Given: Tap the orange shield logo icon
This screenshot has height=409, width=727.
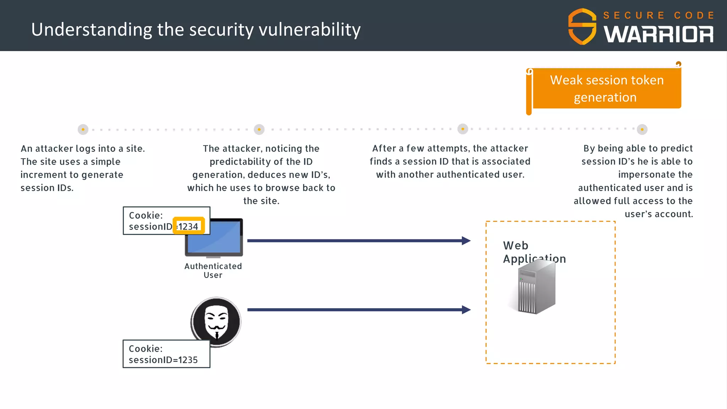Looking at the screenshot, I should coord(582,27).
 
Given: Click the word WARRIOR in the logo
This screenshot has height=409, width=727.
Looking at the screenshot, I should coord(658,34).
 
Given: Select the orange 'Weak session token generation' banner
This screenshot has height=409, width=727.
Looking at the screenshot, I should coord(606,88).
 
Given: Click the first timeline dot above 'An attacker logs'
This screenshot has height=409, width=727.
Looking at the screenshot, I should coord(83,129).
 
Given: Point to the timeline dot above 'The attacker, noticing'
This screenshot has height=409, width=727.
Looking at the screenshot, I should coord(259,129).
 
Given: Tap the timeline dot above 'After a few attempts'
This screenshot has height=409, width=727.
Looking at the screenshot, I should coord(463,129).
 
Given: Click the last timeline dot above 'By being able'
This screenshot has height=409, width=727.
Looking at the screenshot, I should coord(642,129).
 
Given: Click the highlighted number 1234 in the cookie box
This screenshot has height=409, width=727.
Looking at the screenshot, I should coord(188,226).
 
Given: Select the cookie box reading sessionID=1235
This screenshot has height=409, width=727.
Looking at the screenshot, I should coord(166,354).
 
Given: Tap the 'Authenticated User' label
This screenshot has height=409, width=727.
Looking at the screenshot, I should coord(213,271).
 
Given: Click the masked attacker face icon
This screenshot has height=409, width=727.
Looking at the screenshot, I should coord(217,321).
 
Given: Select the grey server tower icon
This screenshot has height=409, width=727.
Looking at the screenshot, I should coord(536,288).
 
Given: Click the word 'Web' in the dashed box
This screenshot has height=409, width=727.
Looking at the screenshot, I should coord(515,246).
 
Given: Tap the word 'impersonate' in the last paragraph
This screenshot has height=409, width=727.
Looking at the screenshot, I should coord(655,175).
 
